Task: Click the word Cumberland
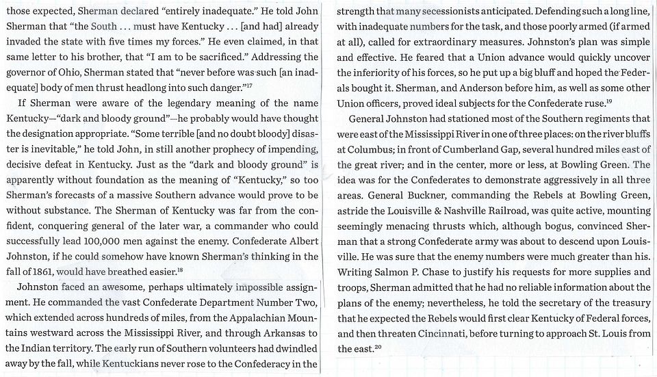point(467,150)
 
